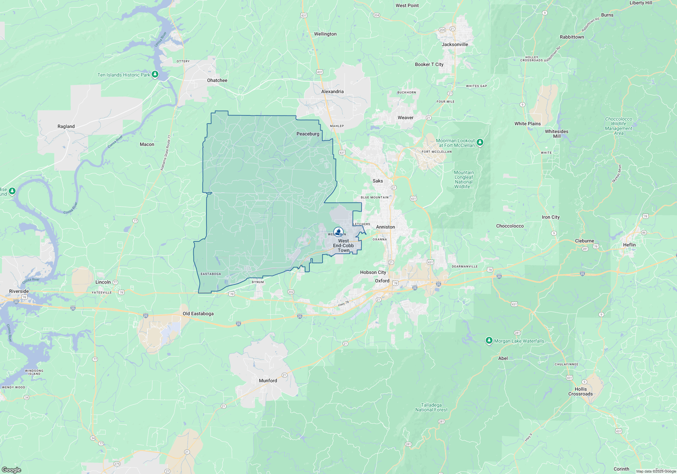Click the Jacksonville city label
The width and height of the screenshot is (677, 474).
tap(455, 44)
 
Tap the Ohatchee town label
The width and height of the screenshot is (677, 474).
tap(217, 80)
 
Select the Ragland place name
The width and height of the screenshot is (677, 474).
tap(66, 126)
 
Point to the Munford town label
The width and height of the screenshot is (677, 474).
tap(268, 381)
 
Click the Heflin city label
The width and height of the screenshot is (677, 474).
tap(629, 245)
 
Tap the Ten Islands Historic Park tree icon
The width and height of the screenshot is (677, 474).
tap(155, 74)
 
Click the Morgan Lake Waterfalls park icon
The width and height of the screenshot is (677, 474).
tap(489, 340)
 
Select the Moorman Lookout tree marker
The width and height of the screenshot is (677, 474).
tap(480, 143)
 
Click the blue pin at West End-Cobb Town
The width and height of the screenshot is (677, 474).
tap(338, 232)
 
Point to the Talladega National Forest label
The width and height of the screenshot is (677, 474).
tap(431, 407)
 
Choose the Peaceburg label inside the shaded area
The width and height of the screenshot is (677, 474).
tap(308, 134)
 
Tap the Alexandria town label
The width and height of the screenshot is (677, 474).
tap(332, 91)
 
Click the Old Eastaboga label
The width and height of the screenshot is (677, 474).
tap(198, 314)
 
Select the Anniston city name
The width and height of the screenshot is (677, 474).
tap(385, 227)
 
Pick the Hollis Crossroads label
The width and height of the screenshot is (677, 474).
tap(581, 391)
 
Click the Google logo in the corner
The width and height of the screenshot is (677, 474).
tap(11, 470)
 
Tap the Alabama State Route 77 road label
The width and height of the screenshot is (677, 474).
tap(166, 153)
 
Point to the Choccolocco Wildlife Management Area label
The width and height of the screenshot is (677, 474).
tap(618, 126)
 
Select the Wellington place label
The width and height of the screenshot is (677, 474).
tap(325, 34)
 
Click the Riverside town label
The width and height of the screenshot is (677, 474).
tap(19, 291)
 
